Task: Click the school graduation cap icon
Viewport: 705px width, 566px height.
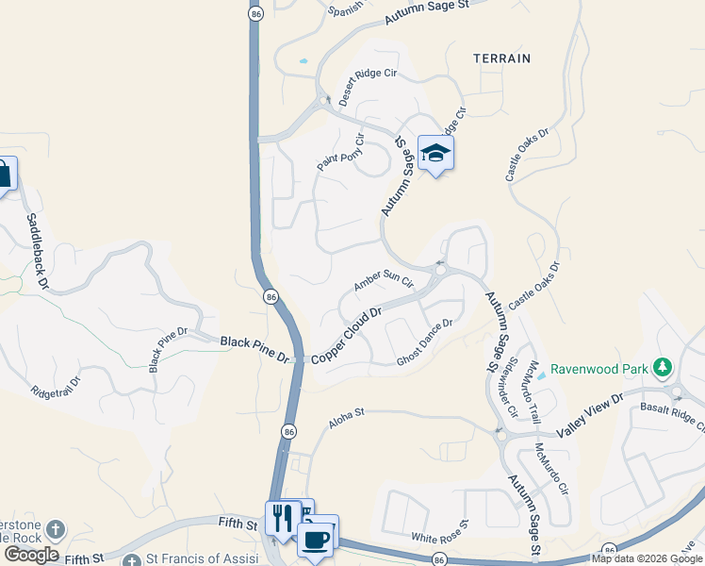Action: click(x=435, y=153)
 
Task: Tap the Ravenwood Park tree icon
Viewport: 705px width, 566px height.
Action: click(x=664, y=366)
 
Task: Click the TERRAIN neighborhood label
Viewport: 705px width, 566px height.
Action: click(x=502, y=58)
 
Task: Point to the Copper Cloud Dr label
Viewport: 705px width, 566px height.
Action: click(x=346, y=333)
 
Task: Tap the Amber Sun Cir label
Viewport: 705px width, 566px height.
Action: click(x=384, y=281)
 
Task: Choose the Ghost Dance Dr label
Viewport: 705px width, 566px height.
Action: click(x=425, y=341)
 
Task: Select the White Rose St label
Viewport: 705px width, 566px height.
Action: click(x=439, y=530)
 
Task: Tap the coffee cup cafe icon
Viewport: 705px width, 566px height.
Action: click(x=315, y=540)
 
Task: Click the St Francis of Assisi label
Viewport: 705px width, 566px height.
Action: click(x=197, y=559)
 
